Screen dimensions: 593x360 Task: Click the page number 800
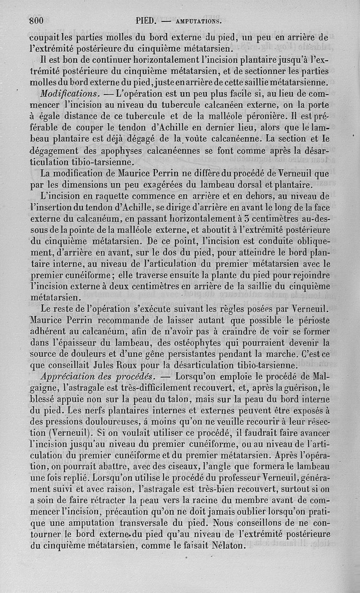(36, 20)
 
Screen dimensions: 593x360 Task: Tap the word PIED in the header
(145, 20)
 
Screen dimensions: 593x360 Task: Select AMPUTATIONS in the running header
(198, 21)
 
